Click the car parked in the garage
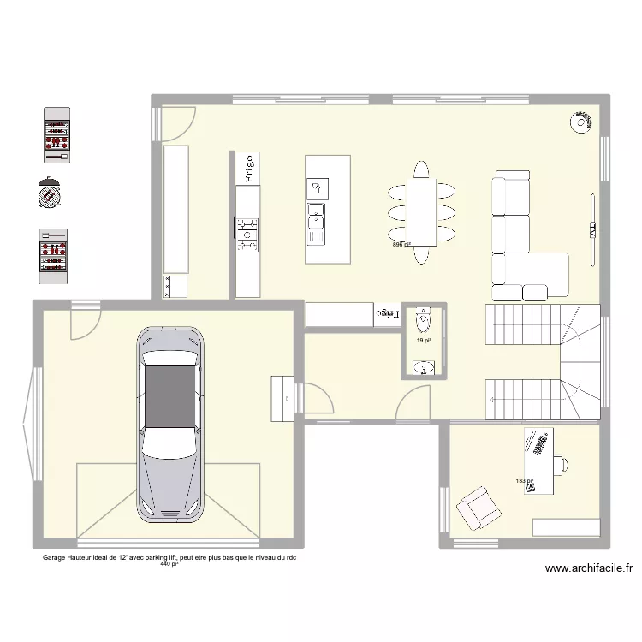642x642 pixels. point(172,425)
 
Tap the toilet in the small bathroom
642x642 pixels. point(423,321)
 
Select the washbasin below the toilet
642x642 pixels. point(423,368)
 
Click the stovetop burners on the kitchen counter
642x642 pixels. point(248,234)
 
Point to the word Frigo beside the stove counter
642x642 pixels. point(247,169)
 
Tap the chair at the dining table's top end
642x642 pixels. point(420,169)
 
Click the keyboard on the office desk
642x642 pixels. point(538,444)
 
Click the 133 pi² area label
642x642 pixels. point(524,481)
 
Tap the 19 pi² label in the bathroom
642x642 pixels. point(423,340)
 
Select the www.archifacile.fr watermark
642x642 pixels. point(587,568)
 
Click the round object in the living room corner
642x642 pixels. point(581,122)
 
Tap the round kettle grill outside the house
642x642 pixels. point(50,193)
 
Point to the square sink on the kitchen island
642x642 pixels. point(316,187)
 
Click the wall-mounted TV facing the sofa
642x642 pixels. point(592,228)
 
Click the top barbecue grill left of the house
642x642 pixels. point(56,134)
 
